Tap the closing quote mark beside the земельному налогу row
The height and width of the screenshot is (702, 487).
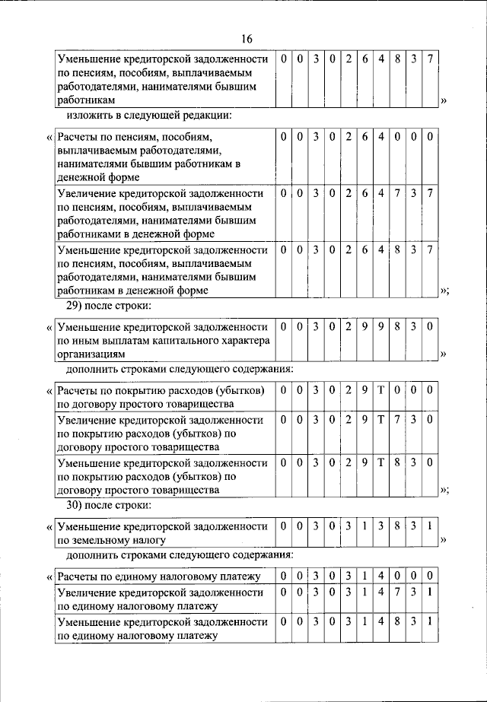coord(444,540)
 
